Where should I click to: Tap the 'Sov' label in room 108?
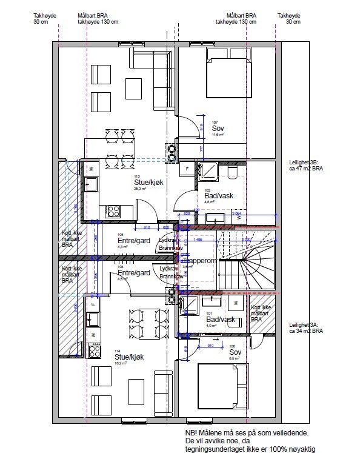coord(235,351)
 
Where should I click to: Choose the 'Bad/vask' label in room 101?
coord(220,319)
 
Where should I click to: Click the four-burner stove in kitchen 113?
coord(113,211)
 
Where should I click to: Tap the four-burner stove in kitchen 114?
coord(94,349)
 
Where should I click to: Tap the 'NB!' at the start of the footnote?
coord(191,432)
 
